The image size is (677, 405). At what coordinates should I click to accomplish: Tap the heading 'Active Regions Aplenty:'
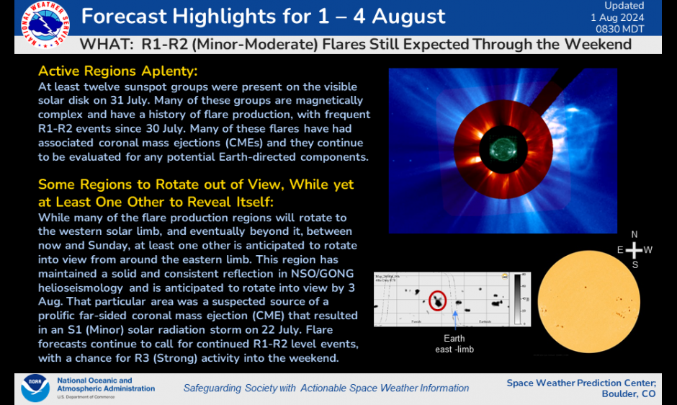(117, 71)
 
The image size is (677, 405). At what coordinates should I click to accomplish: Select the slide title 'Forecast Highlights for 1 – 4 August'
(263, 16)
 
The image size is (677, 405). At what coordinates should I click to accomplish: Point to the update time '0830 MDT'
(624, 29)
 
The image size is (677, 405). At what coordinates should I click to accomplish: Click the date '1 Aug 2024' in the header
(624, 17)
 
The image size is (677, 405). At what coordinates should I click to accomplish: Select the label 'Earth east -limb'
(454, 343)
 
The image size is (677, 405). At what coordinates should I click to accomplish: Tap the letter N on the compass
(634, 234)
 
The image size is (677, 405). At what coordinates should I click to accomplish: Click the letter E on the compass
(619, 250)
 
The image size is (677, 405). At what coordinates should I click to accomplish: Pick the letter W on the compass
(649, 250)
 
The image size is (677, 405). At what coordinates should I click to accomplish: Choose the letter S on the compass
(634, 264)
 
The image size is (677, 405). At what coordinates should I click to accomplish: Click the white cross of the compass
(634, 250)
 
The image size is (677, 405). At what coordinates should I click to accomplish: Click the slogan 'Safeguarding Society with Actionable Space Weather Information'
(326, 388)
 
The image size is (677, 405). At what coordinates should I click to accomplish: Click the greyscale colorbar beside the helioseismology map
(516, 298)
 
